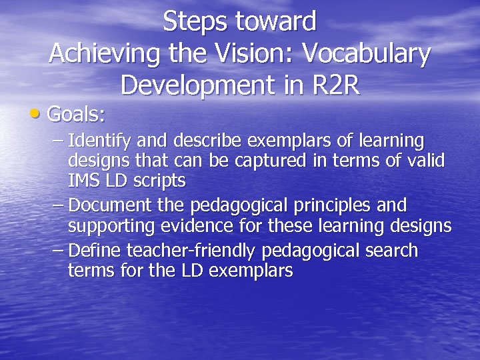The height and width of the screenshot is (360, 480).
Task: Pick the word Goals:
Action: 77,115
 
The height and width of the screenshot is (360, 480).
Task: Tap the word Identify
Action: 99,142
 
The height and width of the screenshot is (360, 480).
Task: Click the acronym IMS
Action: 82,181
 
